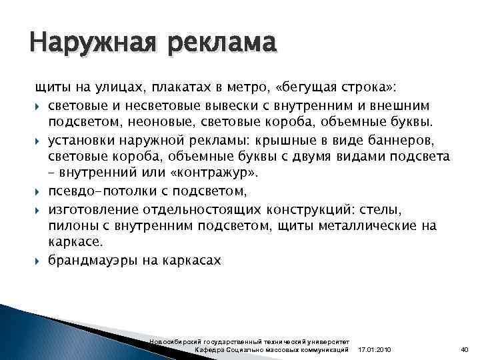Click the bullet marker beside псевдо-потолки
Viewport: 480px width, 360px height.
pos(38,191)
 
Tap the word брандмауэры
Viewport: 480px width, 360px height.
pos(91,261)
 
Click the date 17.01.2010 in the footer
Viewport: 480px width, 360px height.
pos(375,350)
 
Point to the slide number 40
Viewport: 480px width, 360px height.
pos(465,350)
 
